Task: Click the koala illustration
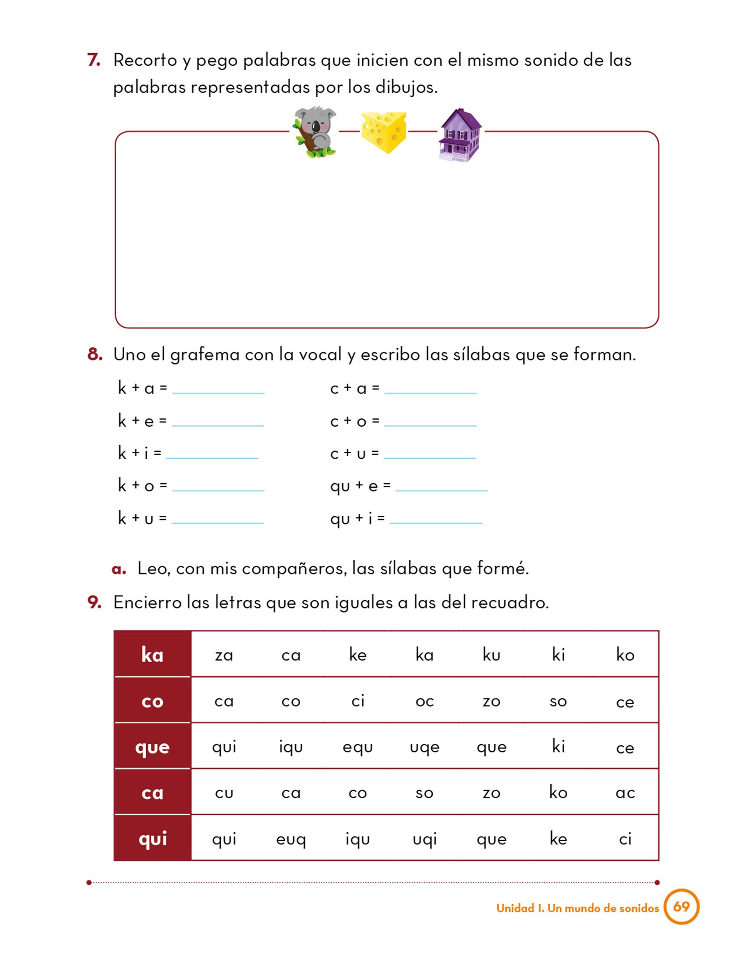tap(315, 132)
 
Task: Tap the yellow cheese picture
tap(384, 132)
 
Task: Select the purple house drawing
tap(460, 135)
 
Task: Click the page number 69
tap(681, 907)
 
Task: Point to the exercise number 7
tap(94, 60)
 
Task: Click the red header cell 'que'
tap(152, 747)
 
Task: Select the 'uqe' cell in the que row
tap(425, 747)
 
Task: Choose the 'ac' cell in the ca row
tap(625, 793)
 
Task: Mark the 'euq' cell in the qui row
tap(291, 839)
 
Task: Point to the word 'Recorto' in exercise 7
tap(145, 61)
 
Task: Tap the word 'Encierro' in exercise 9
tap(147, 602)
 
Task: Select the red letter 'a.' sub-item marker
tap(119, 569)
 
